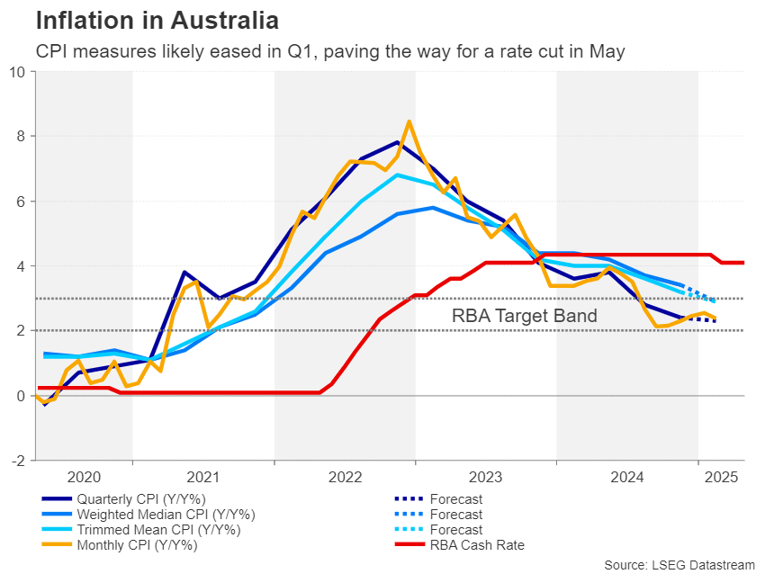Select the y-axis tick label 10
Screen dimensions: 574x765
(18, 72)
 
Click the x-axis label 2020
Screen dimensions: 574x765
(85, 477)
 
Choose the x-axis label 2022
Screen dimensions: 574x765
(345, 477)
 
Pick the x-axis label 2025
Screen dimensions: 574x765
(723, 477)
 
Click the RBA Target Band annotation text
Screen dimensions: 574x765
(524, 316)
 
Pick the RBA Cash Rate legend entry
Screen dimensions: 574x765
(478, 544)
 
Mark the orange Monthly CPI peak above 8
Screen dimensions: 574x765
(409, 121)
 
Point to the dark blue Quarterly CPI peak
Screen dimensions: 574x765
(396, 142)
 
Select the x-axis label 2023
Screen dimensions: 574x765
(486, 477)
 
